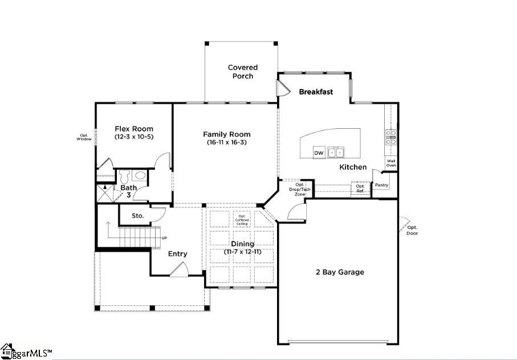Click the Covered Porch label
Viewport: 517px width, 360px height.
243,72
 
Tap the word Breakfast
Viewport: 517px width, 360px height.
316,92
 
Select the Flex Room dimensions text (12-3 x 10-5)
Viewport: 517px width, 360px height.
134,137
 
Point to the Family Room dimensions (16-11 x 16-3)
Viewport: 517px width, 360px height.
227,142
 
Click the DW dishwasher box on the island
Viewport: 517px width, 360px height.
319,153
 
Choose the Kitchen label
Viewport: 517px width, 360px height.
353,167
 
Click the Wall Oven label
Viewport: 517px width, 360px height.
392,163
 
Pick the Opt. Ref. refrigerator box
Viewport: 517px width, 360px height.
360,189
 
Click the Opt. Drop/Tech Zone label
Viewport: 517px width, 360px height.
300,190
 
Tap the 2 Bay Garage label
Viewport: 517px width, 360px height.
340,272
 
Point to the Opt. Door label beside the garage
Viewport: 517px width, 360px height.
412,230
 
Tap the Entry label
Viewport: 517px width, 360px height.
177,253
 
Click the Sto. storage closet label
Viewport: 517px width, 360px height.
137,216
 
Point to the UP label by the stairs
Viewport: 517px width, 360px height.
165,238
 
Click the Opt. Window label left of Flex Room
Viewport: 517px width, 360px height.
84,137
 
